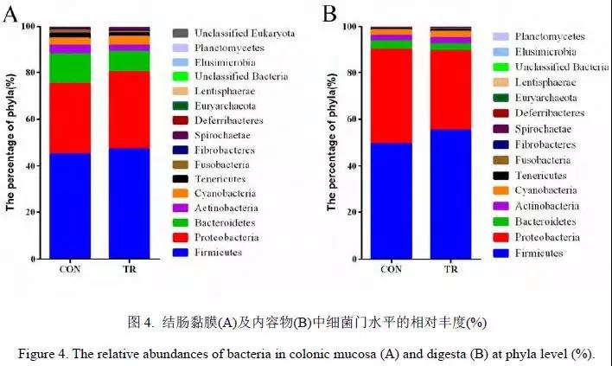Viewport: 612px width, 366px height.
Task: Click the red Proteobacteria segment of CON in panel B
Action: (392, 96)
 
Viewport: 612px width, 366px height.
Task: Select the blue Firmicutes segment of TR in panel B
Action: (450, 194)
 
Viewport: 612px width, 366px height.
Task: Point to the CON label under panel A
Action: (70, 269)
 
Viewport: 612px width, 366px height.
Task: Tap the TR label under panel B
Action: (450, 269)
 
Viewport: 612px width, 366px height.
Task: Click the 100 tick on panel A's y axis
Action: (27, 27)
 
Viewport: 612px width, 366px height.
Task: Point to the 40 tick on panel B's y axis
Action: (349, 166)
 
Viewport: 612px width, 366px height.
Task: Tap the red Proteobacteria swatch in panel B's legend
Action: (500, 237)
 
